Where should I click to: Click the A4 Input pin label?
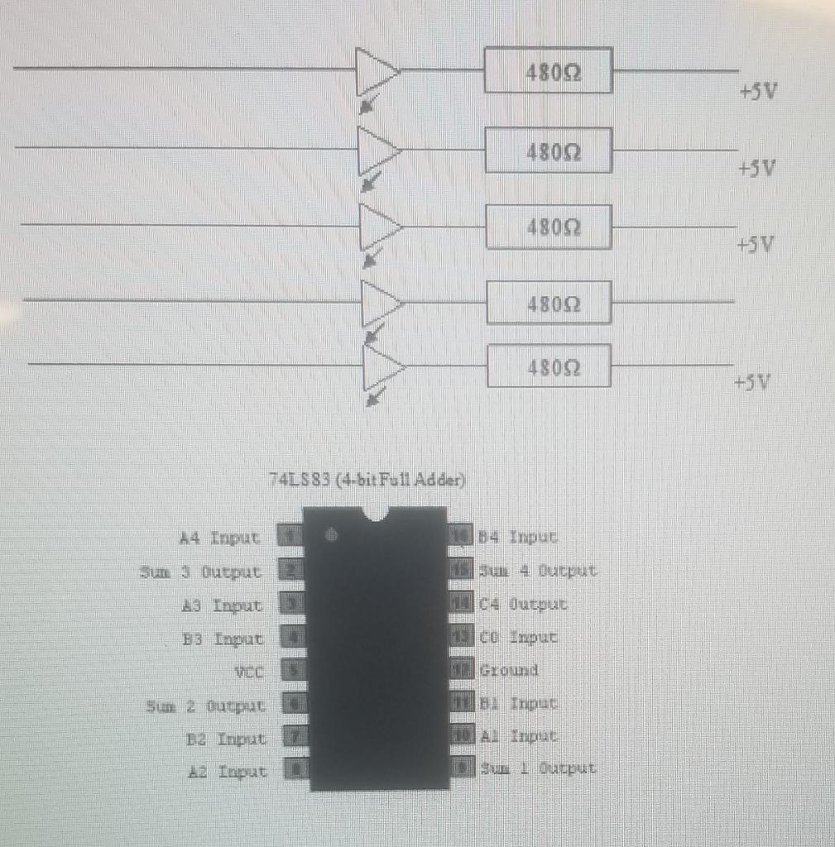pos(220,538)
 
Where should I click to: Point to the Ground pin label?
pos(509,670)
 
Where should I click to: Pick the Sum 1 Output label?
pos(537,768)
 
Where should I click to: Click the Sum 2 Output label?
pos(206,706)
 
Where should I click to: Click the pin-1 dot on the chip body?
pos(331,535)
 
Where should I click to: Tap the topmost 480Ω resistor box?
pos(548,70)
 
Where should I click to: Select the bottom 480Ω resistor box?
pos(549,366)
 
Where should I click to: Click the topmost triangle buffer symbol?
pos(377,71)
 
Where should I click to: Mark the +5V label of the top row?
pos(758,92)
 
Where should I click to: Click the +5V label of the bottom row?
pos(752,383)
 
